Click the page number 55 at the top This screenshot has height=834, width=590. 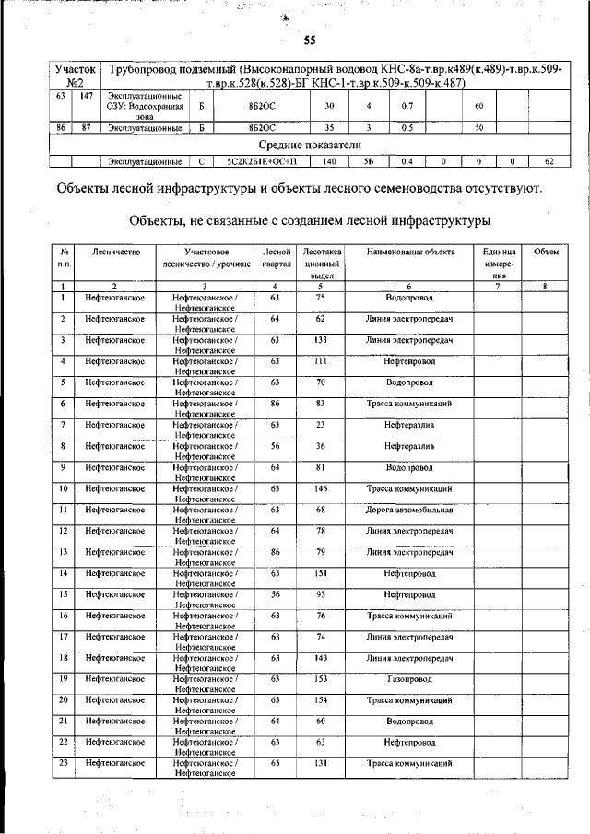pos(310,40)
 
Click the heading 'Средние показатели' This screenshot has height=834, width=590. pos(309,145)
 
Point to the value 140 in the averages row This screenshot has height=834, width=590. pos(329,161)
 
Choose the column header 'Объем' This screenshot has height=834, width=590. pos(546,252)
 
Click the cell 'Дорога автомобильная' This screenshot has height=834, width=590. pos(409,510)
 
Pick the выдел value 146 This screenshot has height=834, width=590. pos(321,488)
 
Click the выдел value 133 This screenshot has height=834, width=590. pos(321,339)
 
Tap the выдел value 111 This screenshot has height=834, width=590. pos(321,361)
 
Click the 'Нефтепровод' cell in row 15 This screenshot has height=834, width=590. pos(409,594)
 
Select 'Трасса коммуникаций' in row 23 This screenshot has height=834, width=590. pos(409,763)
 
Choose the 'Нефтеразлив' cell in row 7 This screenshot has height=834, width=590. pos(409,425)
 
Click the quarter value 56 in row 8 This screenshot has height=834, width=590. pos(275,446)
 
